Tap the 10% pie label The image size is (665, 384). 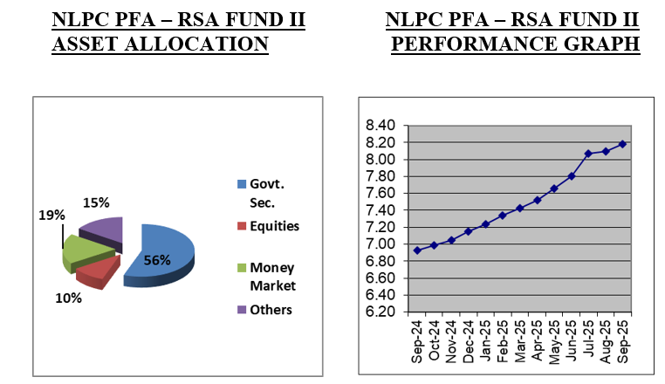pos(68,298)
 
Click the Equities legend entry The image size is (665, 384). pos(274,226)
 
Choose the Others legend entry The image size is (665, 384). pos(271,310)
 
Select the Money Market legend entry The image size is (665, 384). pos(272,277)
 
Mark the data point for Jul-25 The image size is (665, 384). pos(588,154)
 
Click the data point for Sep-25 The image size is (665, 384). pos(623,144)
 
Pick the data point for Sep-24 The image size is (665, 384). pos(417,250)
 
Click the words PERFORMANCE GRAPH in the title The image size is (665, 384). pos(515,44)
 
